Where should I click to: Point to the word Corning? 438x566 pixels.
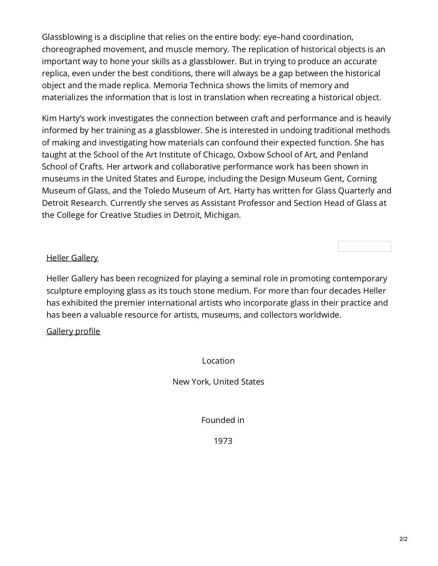tap(361, 179)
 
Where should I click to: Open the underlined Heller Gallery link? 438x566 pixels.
tap(72, 258)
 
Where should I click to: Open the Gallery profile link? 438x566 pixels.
tap(73, 331)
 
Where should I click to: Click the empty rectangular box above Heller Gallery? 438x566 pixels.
tap(364, 246)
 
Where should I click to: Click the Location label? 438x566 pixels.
tap(218, 361)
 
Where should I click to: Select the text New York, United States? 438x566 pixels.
tap(218, 382)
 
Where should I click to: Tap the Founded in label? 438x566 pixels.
tap(223, 420)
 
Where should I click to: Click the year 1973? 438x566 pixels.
tap(223, 441)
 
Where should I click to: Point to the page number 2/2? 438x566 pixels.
tap(403, 539)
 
